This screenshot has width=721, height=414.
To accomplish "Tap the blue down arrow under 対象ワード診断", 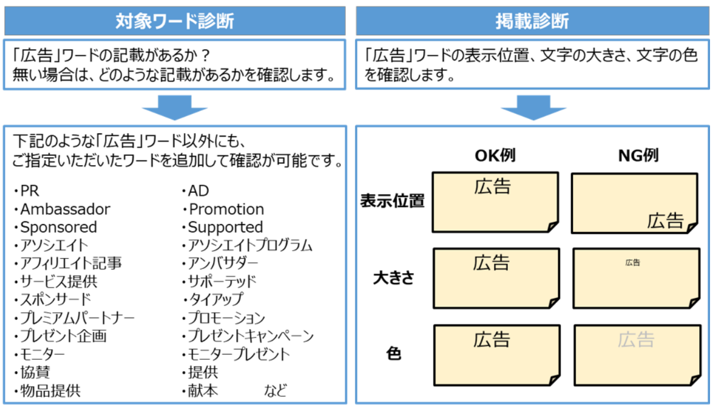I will (174, 107).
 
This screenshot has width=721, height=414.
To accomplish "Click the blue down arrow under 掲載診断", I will (532, 107).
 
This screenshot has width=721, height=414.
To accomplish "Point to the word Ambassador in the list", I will (65, 209).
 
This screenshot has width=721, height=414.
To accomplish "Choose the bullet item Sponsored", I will (58, 227).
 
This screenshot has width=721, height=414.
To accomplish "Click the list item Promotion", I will (226, 209).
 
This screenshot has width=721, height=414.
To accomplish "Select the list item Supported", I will (225, 227).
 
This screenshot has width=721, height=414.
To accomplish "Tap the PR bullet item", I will (29, 191).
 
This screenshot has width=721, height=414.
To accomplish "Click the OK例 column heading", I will (495, 155).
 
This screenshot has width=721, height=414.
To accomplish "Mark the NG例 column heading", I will (638, 155).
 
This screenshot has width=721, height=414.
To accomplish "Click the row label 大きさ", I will (394, 278).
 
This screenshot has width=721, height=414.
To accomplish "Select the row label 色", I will (394, 354).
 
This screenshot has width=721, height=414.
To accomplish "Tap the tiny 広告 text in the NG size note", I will (633, 263).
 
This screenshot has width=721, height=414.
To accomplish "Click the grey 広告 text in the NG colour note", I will (636, 340).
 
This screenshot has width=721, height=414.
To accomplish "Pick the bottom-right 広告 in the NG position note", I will (665, 221).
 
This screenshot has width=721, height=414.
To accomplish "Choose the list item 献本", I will (203, 390).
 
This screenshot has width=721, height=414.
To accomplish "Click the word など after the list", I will (275, 390).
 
